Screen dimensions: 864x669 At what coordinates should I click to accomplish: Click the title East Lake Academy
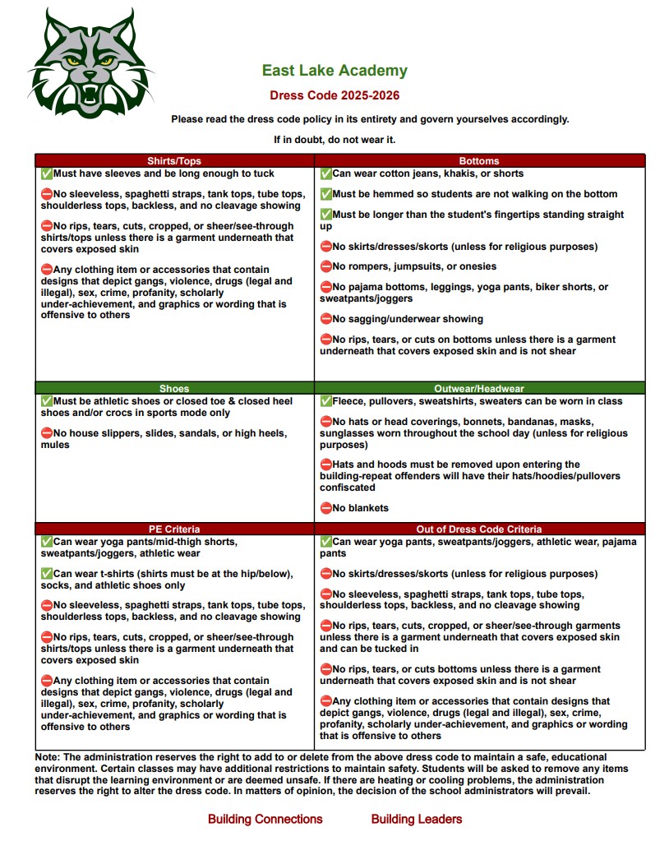tap(334, 71)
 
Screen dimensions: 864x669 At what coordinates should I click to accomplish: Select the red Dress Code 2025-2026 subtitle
tap(334, 95)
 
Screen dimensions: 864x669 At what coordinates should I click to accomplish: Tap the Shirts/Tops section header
tap(174, 161)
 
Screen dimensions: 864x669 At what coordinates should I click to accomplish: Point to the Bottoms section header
tap(479, 161)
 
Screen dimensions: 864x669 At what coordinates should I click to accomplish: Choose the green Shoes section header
tap(174, 389)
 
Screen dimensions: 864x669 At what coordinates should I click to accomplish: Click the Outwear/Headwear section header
tap(479, 389)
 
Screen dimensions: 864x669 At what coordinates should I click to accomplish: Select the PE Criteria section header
tap(174, 529)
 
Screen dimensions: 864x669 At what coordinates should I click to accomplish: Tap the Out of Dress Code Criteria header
tap(479, 529)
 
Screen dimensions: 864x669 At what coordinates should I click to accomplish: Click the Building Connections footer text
tap(265, 819)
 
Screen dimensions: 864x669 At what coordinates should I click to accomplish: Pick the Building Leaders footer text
tap(417, 819)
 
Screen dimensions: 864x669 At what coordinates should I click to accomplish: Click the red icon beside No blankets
tap(325, 508)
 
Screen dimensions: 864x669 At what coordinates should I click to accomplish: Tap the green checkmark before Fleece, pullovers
tap(325, 401)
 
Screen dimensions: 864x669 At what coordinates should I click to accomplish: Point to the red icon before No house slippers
tap(46, 433)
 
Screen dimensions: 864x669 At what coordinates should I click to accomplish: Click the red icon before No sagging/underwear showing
tap(325, 319)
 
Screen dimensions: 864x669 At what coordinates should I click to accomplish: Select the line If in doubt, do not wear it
tap(334, 140)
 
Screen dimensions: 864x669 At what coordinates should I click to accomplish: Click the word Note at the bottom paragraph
tap(47, 757)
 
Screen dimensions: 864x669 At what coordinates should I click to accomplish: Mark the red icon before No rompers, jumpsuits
tap(325, 266)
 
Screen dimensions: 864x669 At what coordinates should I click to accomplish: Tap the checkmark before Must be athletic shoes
tap(46, 401)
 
